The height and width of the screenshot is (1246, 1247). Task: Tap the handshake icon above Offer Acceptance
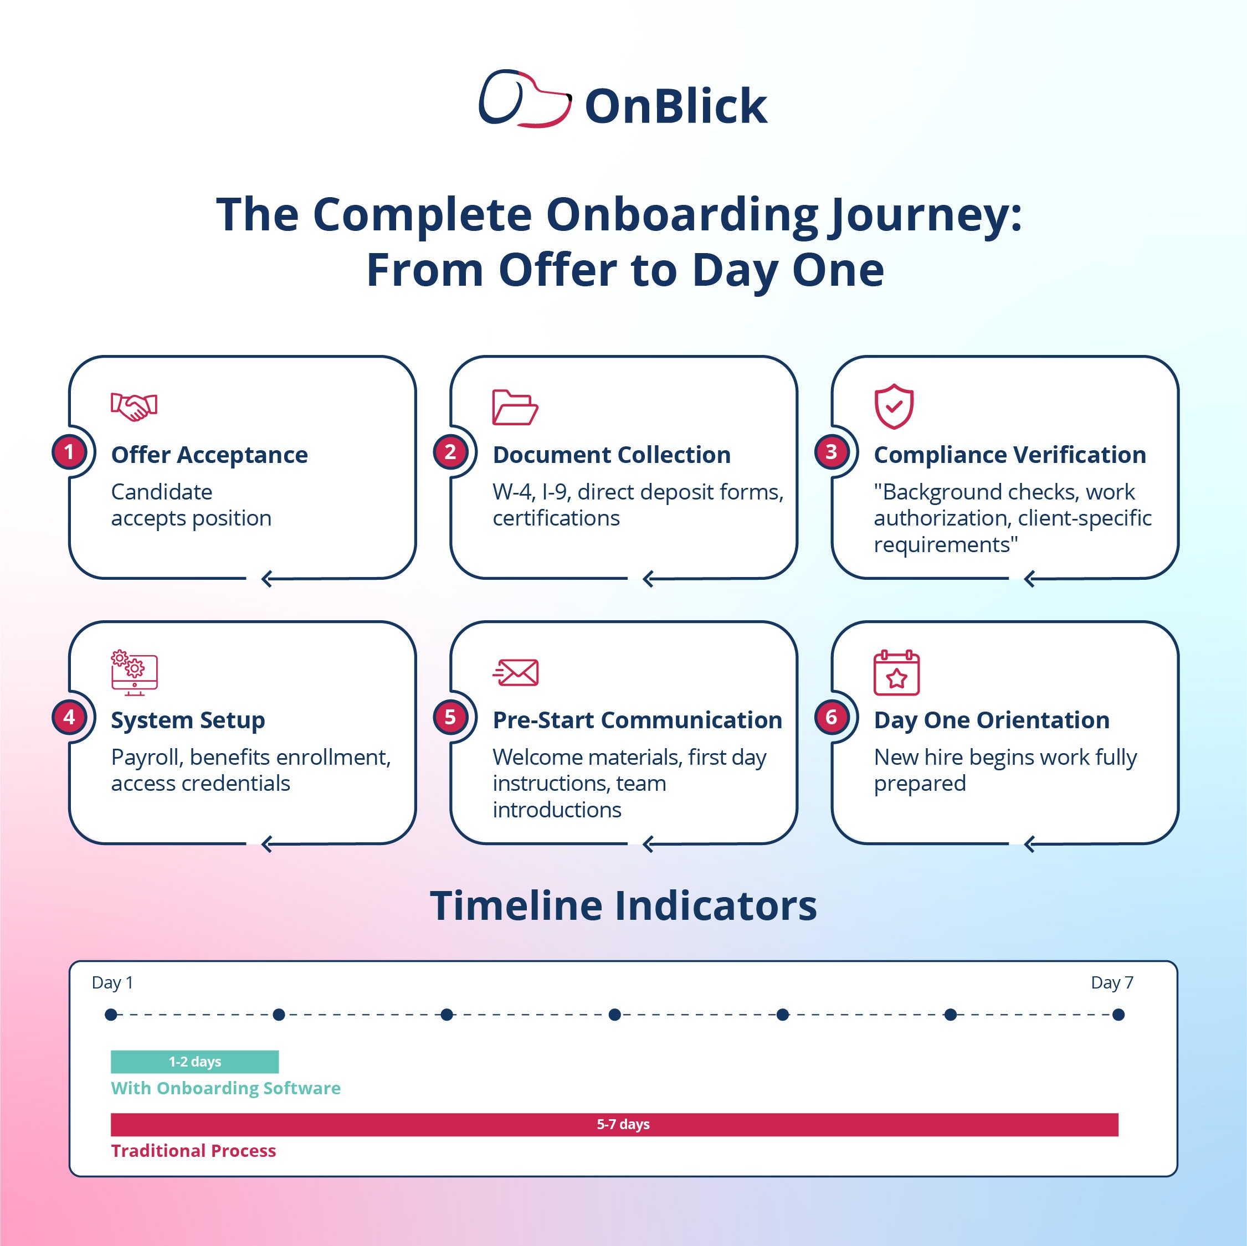pyautogui.click(x=134, y=406)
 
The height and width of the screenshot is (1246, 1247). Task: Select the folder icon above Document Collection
pyautogui.click(x=515, y=407)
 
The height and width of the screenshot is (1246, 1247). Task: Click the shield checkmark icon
pyautogui.click(x=894, y=406)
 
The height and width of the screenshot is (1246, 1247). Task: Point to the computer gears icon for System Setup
pyautogui.click(x=134, y=672)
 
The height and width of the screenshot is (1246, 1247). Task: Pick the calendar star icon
pyautogui.click(x=896, y=672)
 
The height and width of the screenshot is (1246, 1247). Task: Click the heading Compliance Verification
pyautogui.click(x=1009, y=455)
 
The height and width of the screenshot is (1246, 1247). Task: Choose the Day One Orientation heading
pyautogui.click(x=992, y=720)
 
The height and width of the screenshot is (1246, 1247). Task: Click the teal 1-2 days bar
pyautogui.click(x=194, y=1062)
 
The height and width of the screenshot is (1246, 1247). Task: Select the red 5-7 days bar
pyautogui.click(x=614, y=1124)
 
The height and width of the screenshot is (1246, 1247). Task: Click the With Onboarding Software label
pyautogui.click(x=225, y=1088)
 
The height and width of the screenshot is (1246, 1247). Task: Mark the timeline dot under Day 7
pyautogui.click(x=1118, y=1015)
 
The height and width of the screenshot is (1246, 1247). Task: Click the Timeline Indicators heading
pyautogui.click(x=623, y=905)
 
